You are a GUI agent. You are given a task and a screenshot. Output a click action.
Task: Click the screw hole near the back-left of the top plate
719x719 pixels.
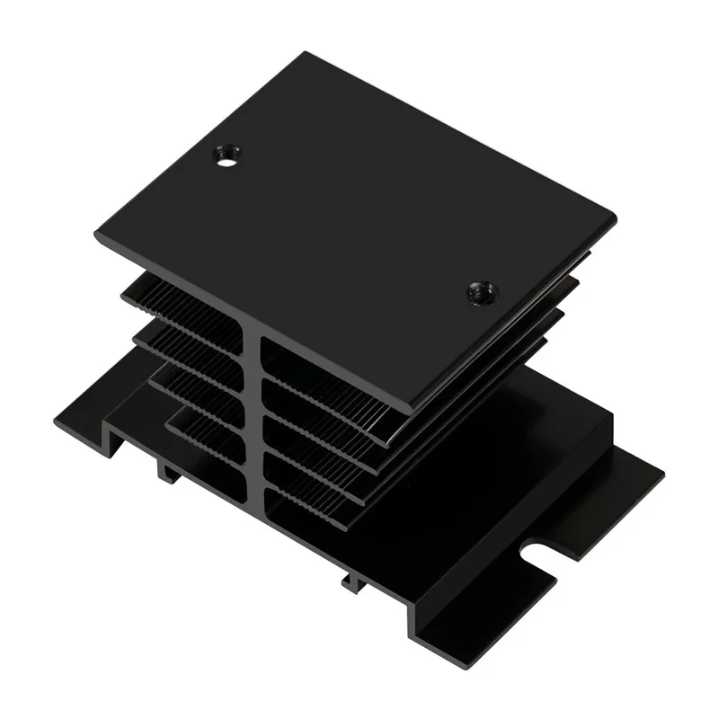[x=226, y=156]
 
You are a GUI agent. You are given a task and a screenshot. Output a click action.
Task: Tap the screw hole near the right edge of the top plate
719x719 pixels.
[x=483, y=292]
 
